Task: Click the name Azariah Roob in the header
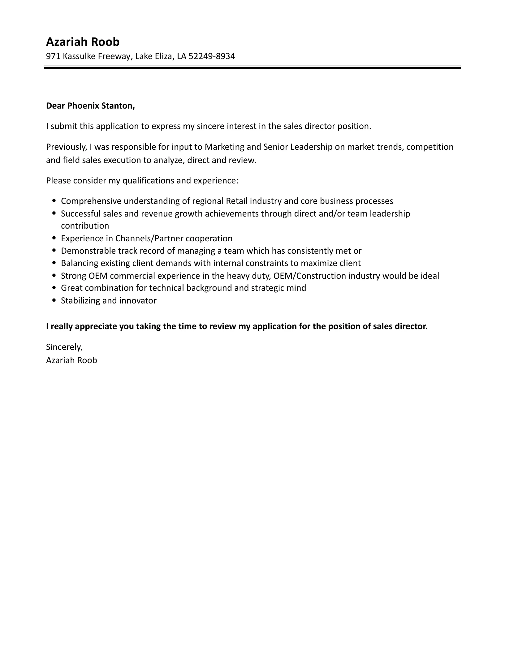click(x=83, y=42)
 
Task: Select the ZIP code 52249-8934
click(x=212, y=56)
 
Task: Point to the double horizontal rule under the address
click(x=252, y=67)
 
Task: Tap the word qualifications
click(x=149, y=181)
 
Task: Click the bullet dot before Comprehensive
click(x=54, y=201)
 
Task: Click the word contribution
click(x=85, y=226)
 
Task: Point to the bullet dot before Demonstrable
click(x=54, y=251)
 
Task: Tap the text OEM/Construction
click(x=310, y=276)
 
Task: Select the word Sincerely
click(x=64, y=347)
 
